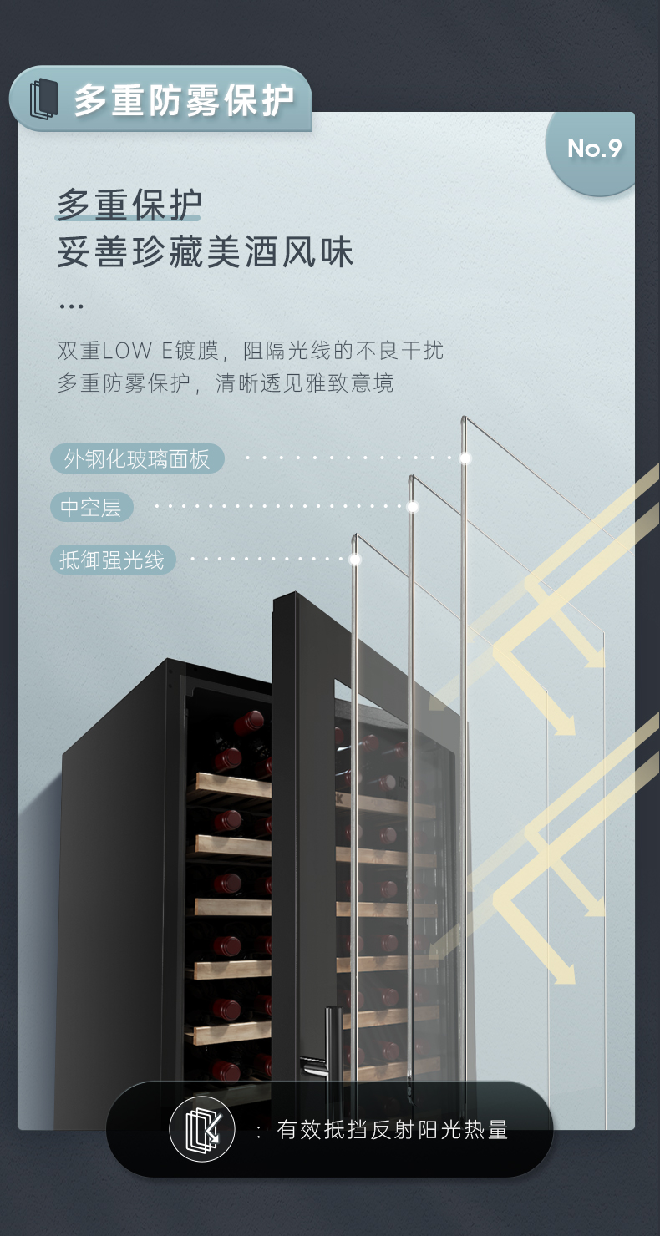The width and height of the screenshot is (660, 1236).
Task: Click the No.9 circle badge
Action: click(594, 149)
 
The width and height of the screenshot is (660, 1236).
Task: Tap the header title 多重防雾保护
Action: click(184, 100)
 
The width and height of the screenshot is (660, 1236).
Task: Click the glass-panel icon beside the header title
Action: click(44, 99)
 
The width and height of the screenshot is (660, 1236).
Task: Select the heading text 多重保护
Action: click(129, 205)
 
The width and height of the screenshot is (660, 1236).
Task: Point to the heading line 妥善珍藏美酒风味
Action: click(206, 252)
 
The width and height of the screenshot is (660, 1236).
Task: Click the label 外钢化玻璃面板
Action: click(137, 458)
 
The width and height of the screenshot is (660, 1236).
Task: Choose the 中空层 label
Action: click(91, 507)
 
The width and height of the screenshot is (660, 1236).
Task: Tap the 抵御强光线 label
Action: click(112, 560)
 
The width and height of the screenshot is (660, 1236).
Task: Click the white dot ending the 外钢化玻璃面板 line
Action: click(465, 458)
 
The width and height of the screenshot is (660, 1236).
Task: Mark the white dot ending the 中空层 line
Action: click(412, 506)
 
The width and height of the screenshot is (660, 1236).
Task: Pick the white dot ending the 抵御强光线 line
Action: click(355, 559)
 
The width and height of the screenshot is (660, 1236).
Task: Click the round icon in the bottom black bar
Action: click(202, 1130)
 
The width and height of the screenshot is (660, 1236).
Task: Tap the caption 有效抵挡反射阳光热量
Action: click(393, 1131)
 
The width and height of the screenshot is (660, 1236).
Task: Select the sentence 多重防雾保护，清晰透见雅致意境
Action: click(226, 383)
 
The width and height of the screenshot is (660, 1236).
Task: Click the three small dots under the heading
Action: click(72, 306)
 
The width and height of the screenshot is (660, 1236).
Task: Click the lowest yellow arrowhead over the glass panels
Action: click(566, 974)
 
